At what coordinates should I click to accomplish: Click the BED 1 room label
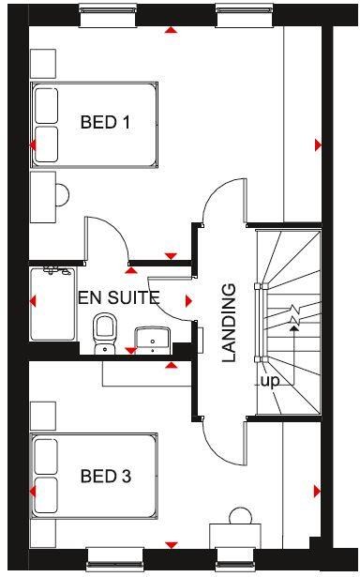[105, 121]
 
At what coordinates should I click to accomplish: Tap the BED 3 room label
[105, 476]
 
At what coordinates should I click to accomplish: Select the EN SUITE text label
[118, 298]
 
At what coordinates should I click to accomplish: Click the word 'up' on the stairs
[270, 381]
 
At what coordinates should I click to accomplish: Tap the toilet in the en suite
[105, 332]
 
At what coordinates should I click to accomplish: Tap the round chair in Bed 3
[242, 517]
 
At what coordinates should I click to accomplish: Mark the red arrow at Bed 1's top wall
[170, 31]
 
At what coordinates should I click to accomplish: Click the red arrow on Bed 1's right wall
[318, 144]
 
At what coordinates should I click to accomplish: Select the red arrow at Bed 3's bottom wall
[170, 544]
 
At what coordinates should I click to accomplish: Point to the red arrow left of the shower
[34, 301]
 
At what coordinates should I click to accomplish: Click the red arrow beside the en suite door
[189, 301]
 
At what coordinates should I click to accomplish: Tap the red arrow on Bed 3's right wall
[318, 492]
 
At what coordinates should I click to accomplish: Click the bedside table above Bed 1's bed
[43, 63]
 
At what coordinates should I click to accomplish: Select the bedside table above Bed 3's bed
[43, 415]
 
